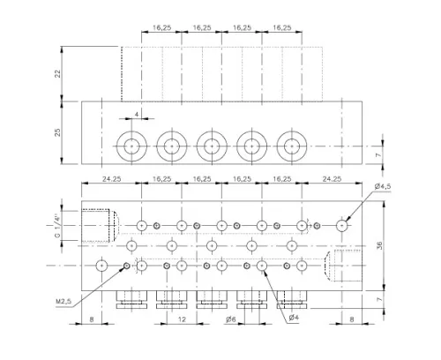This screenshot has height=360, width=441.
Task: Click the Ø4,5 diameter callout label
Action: point(383,186)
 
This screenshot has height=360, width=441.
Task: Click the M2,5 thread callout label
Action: point(64,302)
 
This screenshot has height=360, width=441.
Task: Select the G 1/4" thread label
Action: point(57,227)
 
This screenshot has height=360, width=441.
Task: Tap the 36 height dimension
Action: point(379,245)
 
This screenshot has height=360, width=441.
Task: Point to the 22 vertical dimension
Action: point(58,73)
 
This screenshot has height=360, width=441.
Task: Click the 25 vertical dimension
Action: point(58,132)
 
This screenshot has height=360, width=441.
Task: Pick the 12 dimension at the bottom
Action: point(182,319)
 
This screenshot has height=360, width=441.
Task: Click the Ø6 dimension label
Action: point(231,319)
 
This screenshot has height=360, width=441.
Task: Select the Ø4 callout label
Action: point(294,318)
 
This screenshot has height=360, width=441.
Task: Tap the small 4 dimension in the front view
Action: point(137,115)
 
